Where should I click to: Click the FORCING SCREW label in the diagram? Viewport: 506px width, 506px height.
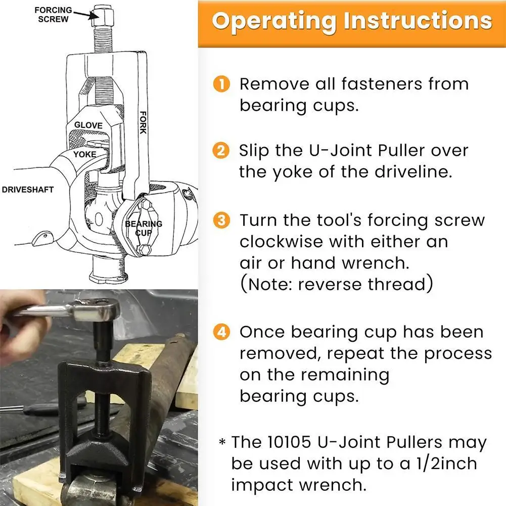pos(53,15)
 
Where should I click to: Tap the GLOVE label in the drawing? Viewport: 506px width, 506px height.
pos(88,125)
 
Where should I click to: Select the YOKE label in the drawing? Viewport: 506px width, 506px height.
pos(84,154)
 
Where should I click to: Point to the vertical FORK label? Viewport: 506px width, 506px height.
pos(143,122)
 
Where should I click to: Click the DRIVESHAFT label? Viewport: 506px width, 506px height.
pos(28,190)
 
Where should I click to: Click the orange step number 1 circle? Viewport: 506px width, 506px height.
pos(221,84)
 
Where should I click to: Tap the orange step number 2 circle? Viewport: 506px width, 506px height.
pos(221,151)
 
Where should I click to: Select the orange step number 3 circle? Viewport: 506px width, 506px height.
pos(221,220)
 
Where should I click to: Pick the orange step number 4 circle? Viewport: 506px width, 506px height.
pos(221,332)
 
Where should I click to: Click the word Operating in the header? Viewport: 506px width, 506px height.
pos(273,21)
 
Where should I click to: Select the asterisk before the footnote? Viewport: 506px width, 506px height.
pos(222,443)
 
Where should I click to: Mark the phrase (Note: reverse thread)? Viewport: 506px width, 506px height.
pos(336,284)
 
